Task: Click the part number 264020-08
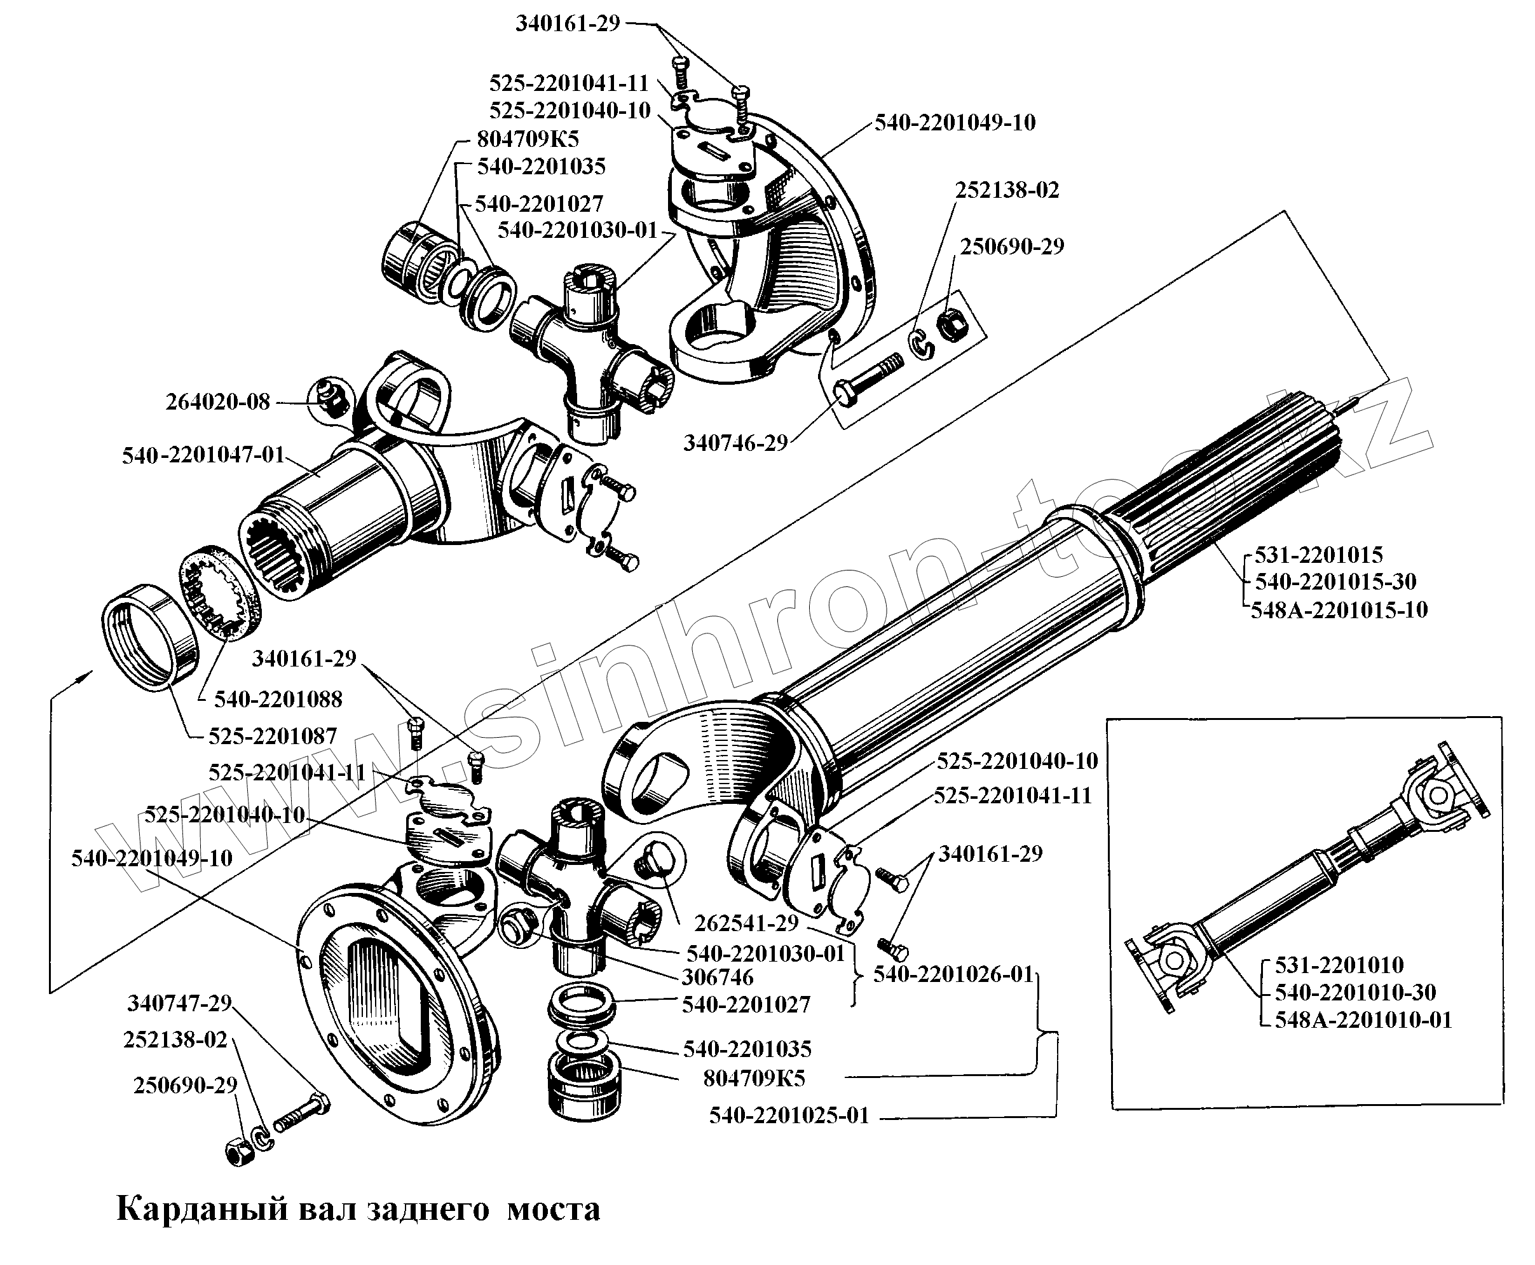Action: pyautogui.click(x=218, y=402)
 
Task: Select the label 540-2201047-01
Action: pyautogui.click(x=203, y=455)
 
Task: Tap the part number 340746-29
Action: pyautogui.click(x=735, y=443)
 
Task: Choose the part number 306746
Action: pyautogui.click(x=717, y=977)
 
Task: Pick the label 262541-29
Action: pyautogui.click(x=746, y=923)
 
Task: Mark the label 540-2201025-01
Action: pyautogui.click(x=789, y=1116)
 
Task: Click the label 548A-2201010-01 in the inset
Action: pyautogui.click(x=1362, y=1020)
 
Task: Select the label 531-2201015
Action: pyautogui.click(x=1318, y=555)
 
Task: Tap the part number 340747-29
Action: pyautogui.click(x=179, y=1004)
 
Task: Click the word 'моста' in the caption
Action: pyautogui.click(x=554, y=1209)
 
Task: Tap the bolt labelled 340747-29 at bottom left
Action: pyautogui.click(x=301, y=1114)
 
